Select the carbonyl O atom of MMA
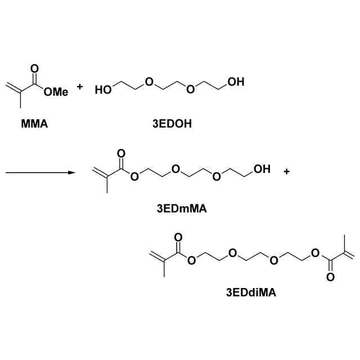(x=35, y=69)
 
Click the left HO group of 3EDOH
(x=103, y=89)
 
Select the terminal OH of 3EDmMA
(x=261, y=168)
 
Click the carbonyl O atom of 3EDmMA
(x=119, y=153)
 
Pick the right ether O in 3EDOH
(x=191, y=89)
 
